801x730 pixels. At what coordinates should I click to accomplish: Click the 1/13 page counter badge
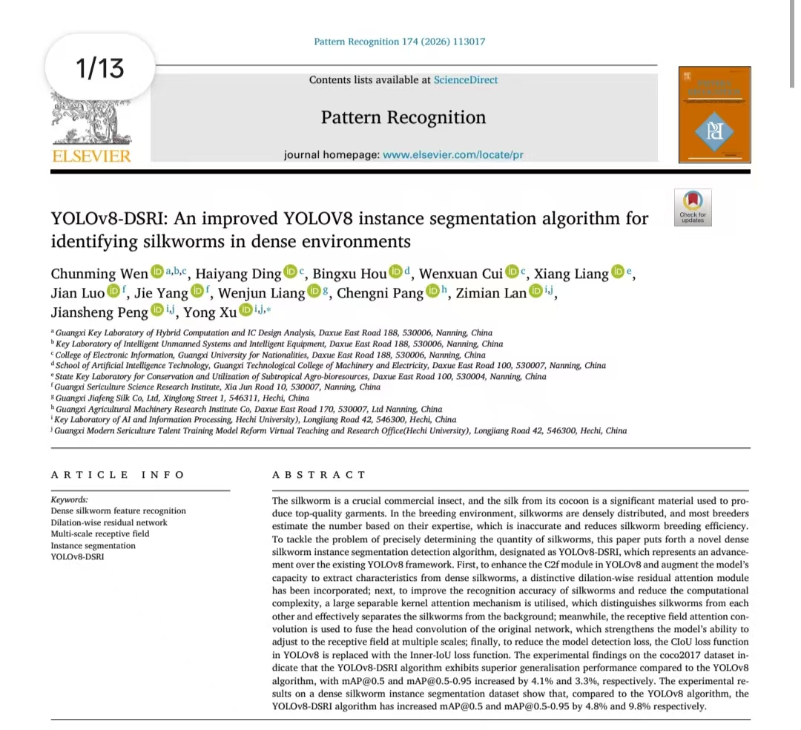[100, 69]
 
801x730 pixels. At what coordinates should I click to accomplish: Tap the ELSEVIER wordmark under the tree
[92, 156]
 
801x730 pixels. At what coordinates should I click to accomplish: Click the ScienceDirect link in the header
[466, 80]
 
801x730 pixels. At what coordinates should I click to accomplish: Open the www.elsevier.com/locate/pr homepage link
[453, 155]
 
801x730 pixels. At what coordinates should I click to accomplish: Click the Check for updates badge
[693, 207]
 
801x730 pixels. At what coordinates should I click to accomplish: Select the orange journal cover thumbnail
[714, 114]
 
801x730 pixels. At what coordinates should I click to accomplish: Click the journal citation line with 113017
[400, 42]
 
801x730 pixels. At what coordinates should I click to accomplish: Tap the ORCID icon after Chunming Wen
[156, 273]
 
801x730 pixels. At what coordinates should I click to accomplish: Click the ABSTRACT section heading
[319, 475]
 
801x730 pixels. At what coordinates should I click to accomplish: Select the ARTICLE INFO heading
[117, 475]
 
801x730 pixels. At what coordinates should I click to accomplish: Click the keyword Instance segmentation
[93, 545]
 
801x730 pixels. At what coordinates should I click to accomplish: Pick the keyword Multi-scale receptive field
[99, 533]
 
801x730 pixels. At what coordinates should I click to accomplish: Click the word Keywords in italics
[69, 499]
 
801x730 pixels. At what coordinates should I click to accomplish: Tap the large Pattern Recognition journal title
[403, 117]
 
